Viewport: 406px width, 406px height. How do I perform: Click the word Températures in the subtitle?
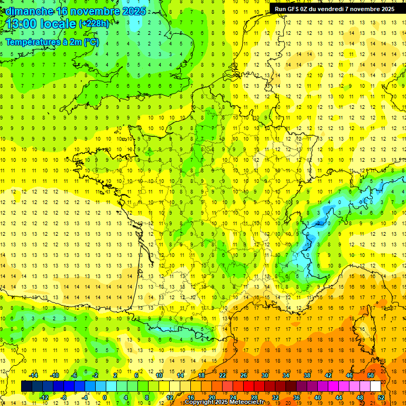tap(35, 42)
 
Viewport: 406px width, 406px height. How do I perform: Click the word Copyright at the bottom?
tap(199, 402)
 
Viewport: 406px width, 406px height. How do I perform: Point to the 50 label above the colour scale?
tap(371, 375)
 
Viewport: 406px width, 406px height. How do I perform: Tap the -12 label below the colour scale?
tap(44, 398)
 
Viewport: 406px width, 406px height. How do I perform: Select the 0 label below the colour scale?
tap(105, 398)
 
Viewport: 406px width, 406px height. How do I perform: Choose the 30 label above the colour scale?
tap(264, 375)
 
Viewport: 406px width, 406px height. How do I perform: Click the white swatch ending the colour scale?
tap(376, 386)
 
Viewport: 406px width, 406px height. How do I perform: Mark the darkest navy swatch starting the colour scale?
tap(26, 386)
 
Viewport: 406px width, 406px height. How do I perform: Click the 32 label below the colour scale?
tap(275, 398)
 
